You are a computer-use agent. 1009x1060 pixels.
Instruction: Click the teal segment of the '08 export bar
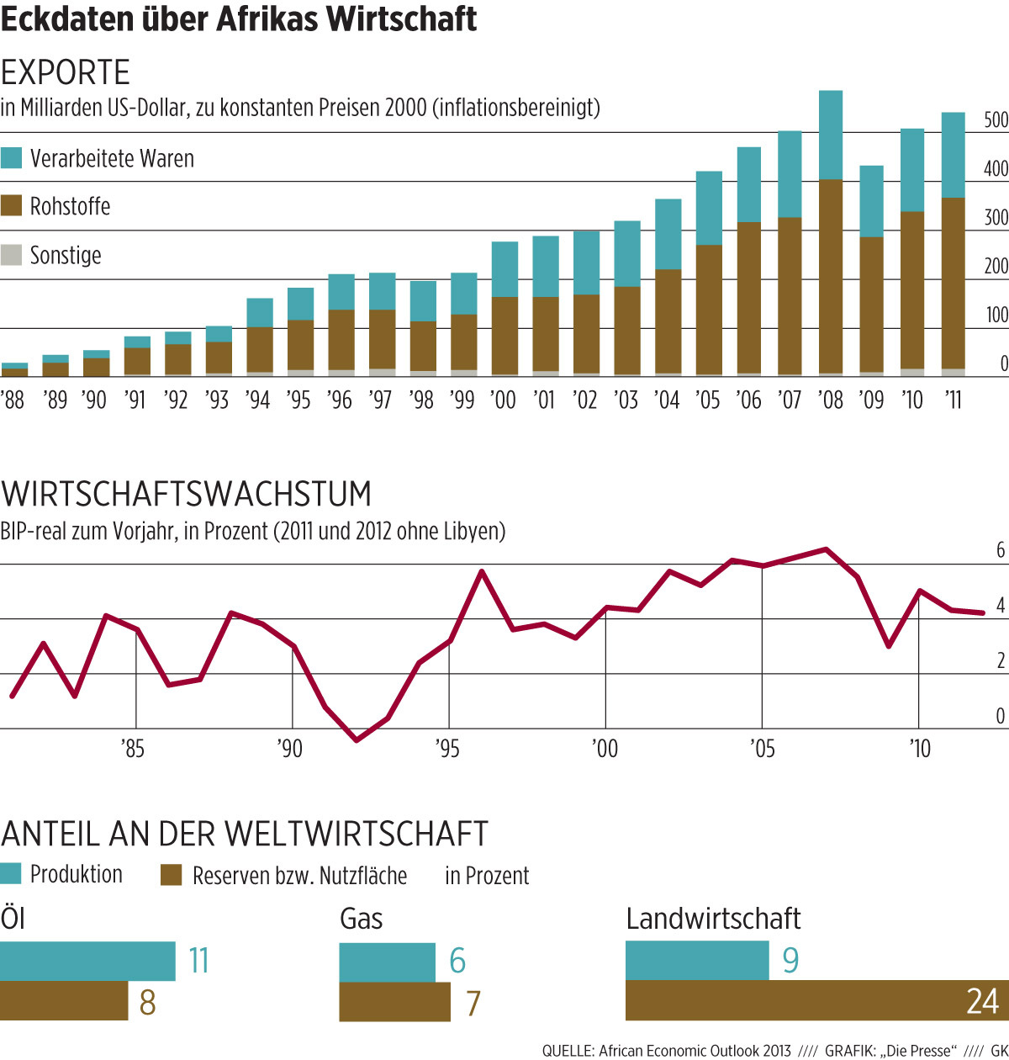coord(830,135)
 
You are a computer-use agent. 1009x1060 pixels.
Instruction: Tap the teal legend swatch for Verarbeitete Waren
coord(11,158)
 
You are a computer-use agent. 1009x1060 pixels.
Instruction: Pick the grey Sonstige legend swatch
coord(11,255)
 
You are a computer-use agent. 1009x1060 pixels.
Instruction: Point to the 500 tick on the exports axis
coord(996,120)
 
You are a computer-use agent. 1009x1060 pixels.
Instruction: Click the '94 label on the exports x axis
coord(257,400)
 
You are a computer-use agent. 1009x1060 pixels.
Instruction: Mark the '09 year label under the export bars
coord(871,400)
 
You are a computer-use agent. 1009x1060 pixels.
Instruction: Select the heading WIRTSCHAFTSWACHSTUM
coord(186,494)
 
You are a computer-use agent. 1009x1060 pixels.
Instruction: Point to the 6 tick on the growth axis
coord(1001,550)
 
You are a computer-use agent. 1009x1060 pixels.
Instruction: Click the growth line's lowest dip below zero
coord(357,740)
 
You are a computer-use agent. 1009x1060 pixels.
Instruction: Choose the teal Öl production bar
coord(87,962)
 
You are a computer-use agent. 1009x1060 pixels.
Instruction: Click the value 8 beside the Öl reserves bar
coord(147,1003)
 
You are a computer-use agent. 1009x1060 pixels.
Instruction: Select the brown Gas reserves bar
coord(394,1002)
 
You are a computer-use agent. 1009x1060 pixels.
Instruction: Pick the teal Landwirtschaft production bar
coord(697,961)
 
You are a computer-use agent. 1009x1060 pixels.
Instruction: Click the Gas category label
coord(361,919)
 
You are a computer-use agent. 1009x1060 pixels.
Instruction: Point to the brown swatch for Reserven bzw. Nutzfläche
coord(171,875)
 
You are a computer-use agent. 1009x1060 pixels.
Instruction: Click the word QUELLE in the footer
coord(568,1051)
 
